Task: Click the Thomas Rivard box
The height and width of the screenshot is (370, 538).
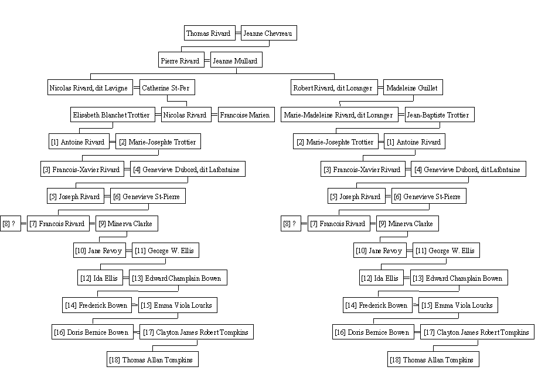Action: coord(210,33)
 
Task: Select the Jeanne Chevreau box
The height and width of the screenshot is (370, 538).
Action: coord(268,33)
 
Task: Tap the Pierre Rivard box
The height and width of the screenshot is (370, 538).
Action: coord(181,60)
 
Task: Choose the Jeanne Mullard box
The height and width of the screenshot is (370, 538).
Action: coord(236,60)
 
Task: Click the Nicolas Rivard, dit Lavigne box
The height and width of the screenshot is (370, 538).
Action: coord(90,88)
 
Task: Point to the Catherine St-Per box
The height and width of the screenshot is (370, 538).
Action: coord(167,88)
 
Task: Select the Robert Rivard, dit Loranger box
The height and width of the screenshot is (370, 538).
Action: coord(334,88)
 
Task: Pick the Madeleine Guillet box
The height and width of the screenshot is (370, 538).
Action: coord(413,88)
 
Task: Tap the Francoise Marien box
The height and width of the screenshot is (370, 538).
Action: coord(246,115)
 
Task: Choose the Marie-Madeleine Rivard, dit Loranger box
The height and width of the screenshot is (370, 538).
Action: coord(339,115)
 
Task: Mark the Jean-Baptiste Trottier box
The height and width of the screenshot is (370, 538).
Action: coord(440,115)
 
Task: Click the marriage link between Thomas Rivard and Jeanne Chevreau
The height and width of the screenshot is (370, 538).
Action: coord(238,33)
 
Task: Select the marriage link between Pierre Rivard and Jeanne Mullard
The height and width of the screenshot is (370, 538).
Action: coord(207,60)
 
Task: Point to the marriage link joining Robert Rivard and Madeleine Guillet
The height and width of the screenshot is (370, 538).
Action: coord(380,88)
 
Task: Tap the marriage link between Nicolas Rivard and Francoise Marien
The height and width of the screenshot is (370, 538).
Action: coord(214,115)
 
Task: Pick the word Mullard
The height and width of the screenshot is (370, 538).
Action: coord(246,61)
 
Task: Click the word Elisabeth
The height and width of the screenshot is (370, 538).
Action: coord(85,115)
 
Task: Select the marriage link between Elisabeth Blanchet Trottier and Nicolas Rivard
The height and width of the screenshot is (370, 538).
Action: coord(158,115)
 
